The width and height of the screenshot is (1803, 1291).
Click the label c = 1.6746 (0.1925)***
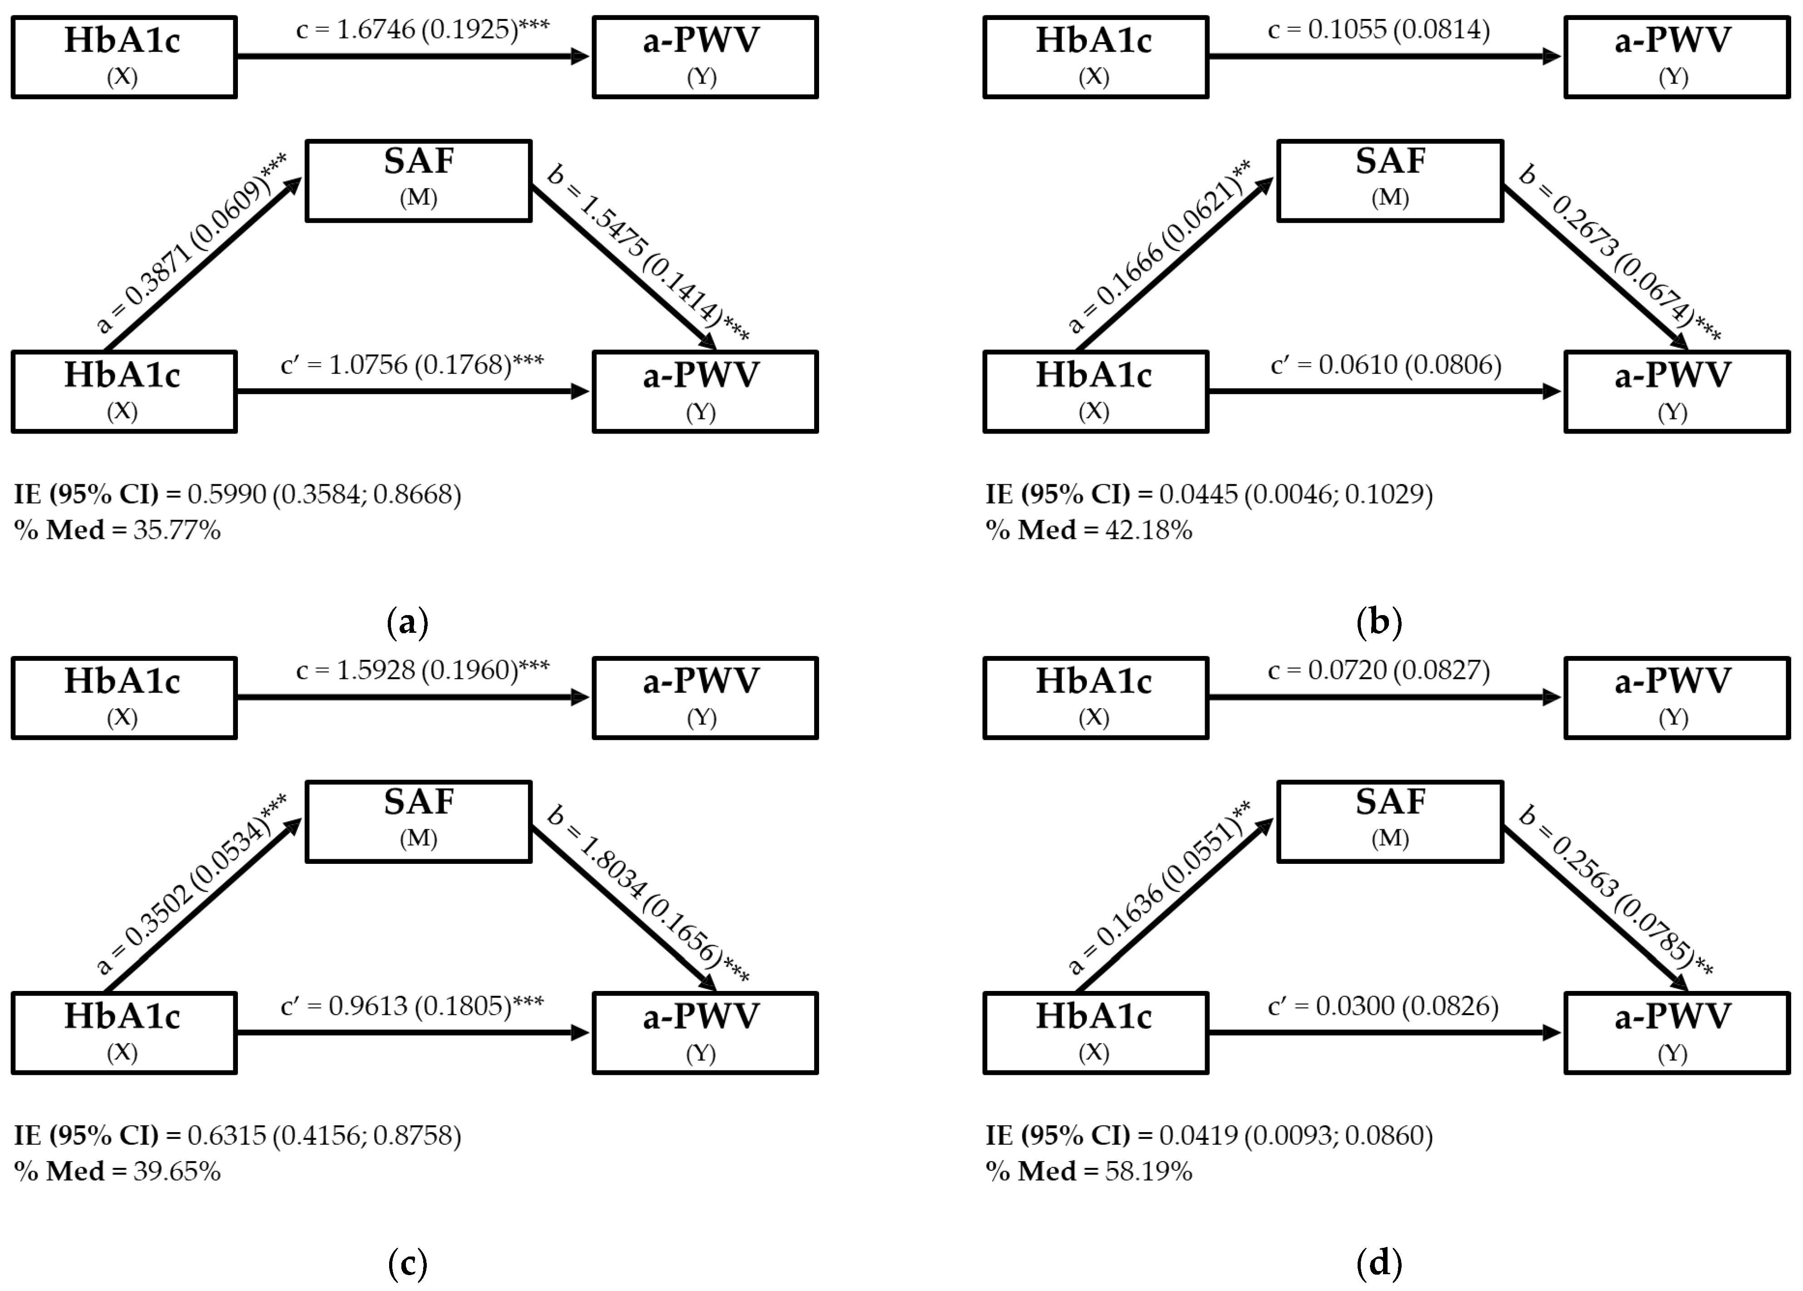[422, 30]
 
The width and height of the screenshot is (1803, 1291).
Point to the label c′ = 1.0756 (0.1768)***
[412, 365]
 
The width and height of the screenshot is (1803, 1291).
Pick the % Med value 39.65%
[177, 1171]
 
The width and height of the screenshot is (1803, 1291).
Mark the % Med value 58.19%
[1149, 1171]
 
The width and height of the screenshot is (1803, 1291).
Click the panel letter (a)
[407, 621]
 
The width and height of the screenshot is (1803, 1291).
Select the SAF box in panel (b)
[1390, 181]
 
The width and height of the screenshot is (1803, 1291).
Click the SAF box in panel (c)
[418, 821]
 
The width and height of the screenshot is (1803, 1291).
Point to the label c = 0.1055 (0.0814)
[1378, 30]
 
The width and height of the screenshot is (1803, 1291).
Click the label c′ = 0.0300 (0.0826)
[1383, 1005]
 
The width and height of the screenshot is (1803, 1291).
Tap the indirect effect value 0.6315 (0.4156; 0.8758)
[324, 1135]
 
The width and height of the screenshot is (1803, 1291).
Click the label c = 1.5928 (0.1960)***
[422, 670]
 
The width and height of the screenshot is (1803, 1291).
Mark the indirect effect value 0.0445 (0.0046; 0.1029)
[1296, 494]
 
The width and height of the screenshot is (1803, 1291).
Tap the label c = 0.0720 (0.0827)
[1378, 670]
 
